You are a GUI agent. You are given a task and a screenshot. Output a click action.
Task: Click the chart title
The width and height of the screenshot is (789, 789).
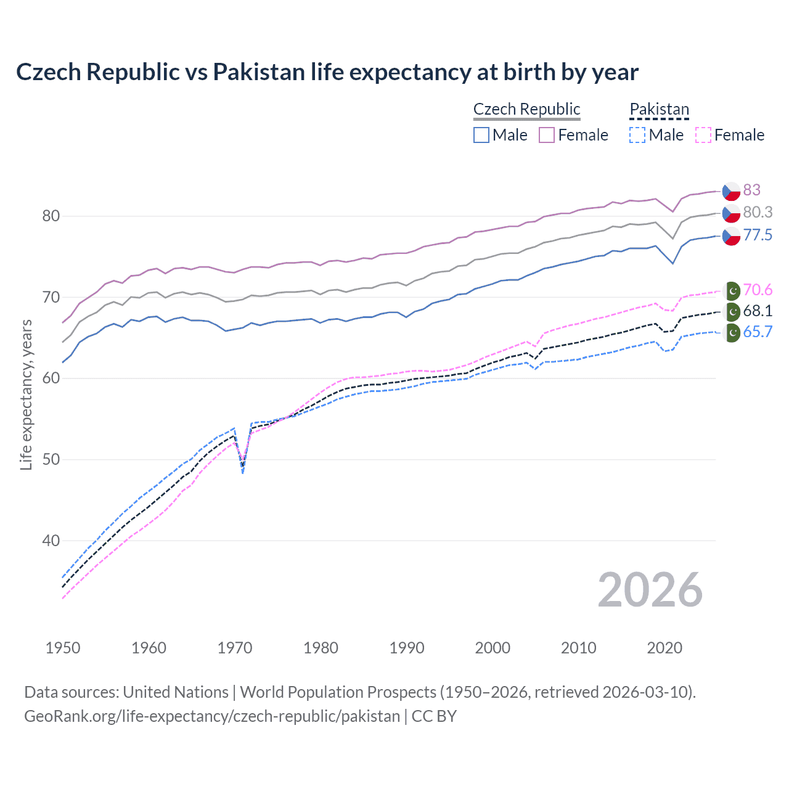[x=327, y=72]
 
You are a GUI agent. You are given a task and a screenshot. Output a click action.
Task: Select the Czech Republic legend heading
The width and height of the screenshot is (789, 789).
[x=526, y=109]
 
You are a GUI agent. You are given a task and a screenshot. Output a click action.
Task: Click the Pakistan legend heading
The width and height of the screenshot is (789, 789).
[x=659, y=109]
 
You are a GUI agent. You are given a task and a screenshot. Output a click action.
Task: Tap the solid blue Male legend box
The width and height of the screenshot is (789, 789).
[x=481, y=135]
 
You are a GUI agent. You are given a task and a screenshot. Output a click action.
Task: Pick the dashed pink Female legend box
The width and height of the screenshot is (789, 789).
[x=703, y=135]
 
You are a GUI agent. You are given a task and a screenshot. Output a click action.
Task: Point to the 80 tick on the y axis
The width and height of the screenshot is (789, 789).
[x=51, y=216]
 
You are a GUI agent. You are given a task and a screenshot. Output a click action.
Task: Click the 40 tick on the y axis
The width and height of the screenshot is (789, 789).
[x=51, y=541]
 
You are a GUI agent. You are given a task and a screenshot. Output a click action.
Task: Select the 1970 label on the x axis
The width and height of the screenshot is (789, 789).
[x=235, y=648]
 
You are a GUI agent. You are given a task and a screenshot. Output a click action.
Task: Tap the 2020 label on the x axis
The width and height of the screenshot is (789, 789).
[x=664, y=648]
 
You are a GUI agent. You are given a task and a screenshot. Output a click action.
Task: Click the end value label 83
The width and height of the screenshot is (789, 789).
[x=751, y=190]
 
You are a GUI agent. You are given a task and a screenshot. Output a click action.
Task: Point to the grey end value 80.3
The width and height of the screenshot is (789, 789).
[x=758, y=212]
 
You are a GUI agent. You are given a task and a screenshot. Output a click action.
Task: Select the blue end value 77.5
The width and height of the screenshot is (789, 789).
[x=758, y=235]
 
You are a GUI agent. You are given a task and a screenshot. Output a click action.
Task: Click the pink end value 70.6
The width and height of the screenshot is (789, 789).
[x=758, y=290]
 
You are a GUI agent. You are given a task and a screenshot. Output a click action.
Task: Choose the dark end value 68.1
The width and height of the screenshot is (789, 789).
[x=758, y=311]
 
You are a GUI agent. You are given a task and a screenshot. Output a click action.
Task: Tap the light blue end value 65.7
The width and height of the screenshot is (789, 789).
[x=758, y=332]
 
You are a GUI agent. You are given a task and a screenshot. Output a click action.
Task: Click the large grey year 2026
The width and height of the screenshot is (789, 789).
[x=650, y=590]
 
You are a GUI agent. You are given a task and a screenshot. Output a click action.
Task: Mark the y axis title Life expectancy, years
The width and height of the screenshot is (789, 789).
[x=26, y=394]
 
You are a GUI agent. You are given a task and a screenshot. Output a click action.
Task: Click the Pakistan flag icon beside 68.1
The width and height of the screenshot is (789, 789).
[x=732, y=311]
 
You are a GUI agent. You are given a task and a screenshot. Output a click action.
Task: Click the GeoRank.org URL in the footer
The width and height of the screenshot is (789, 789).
[x=212, y=716]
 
